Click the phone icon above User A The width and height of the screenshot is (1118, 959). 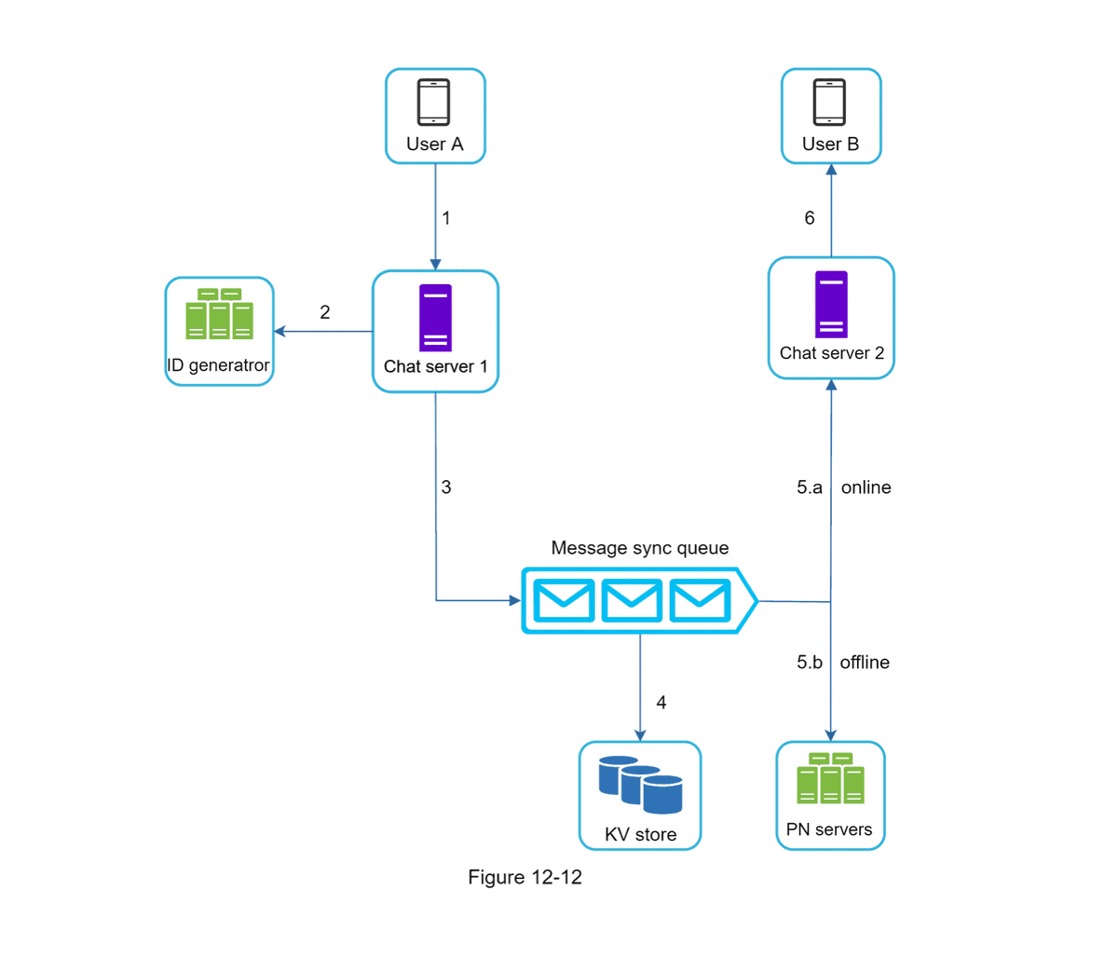click(x=434, y=102)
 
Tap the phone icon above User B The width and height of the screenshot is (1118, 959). click(x=829, y=102)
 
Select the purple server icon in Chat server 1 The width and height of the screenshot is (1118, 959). click(x=435, y=318)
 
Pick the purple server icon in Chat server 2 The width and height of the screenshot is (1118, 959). click(x=831, y=305)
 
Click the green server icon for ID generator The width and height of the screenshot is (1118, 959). click(x=219, y=315)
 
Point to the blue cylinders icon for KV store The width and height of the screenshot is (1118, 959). click(x=640, y=785)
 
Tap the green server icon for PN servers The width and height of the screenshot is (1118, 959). click(x=830, y=778)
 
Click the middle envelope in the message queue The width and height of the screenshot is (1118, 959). click(x=632, y=600)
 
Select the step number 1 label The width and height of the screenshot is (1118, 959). click(x=446, y=218)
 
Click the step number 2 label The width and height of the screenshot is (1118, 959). click(x=325, y=312)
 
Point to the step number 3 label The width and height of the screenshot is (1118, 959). click(x=446, y=487)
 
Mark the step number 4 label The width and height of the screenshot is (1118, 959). click(x=661, y=703)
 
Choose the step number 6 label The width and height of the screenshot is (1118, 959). click(x=810, y=218)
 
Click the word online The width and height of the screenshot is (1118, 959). click(x=866, y=487)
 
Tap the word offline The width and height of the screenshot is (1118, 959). click(x=865, y=663)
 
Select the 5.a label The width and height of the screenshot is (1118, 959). click(x=810, y=487)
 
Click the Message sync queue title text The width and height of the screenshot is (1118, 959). click(x=639, y=548)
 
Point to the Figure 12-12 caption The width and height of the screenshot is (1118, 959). click(x=525, y=877)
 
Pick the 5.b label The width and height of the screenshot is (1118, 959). click(x=810, y=663)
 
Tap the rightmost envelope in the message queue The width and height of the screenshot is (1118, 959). click(x=700, y=600)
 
